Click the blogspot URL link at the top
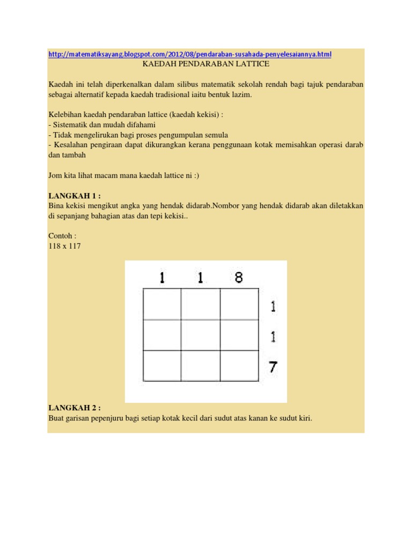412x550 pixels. coord(190,54)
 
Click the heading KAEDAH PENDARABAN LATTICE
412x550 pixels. coord(205,64)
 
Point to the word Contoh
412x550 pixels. coord(60,235)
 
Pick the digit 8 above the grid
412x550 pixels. coord(239,278)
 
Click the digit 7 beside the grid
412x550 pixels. coord(273,367)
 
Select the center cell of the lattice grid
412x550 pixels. coord(200,335)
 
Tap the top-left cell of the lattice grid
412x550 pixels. coord(161,304)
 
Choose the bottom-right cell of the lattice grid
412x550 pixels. coord(239,365)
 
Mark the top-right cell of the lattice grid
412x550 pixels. coord(239,304)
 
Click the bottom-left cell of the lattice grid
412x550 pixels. coord(161,365)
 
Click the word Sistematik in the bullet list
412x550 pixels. coord(70,125)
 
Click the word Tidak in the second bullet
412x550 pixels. coord(61,135)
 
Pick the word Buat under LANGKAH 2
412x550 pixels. coord(56,418)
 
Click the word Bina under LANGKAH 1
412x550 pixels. coord(56,206)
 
